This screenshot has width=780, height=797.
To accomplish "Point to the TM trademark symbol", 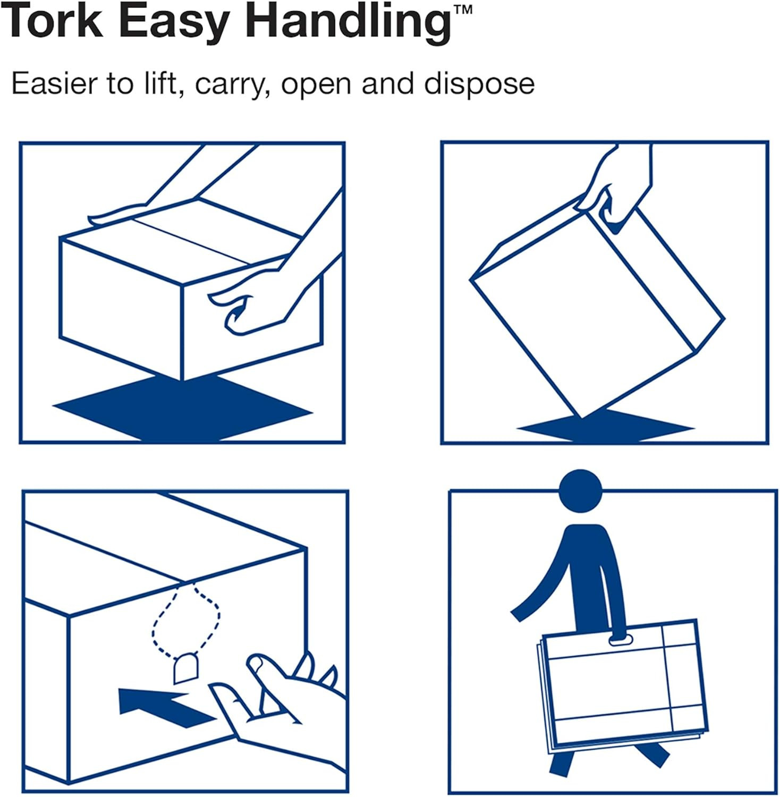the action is tap(463, 9).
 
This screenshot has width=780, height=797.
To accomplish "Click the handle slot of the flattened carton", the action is tap(620, 640).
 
